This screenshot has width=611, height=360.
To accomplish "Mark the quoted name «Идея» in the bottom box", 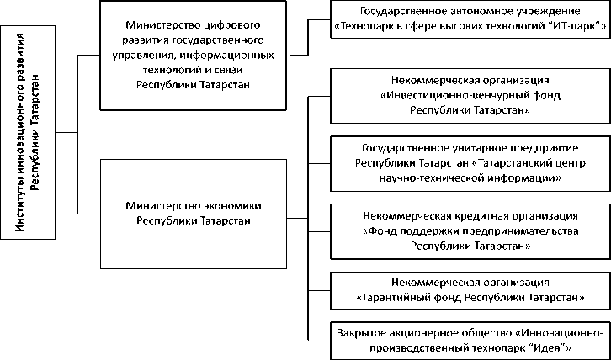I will coord(552,347).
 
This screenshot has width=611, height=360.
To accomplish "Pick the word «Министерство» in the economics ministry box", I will coord(159,204).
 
